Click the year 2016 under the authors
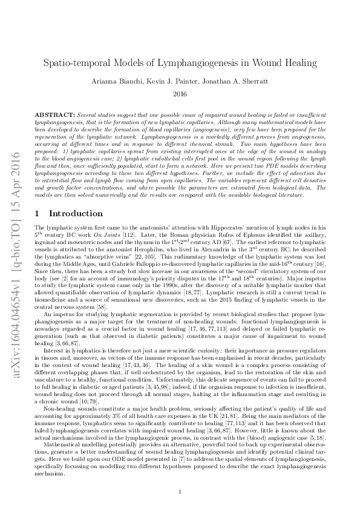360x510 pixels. click(x=180, y=94)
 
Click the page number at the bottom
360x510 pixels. click(x=180, y=491)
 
